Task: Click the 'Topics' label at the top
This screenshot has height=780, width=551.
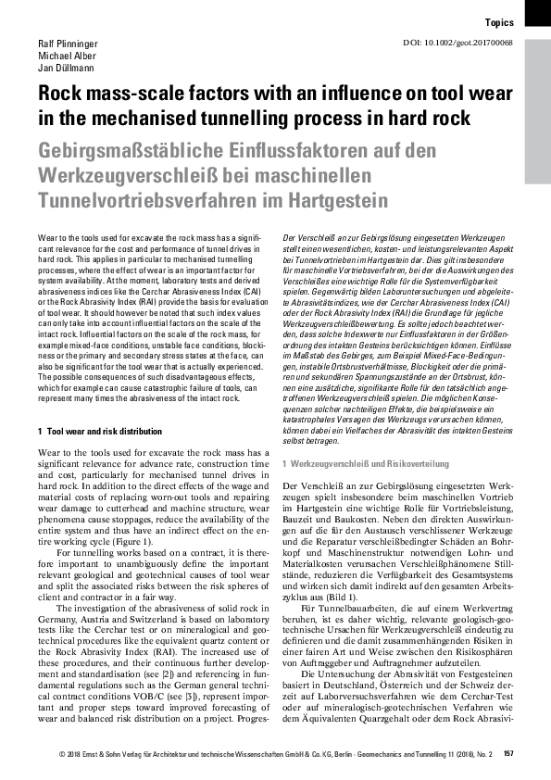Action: (x=500, y=21)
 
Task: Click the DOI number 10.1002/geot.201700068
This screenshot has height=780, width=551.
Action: (x=474, y=44)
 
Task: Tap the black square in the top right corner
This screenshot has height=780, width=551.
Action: (x=537, y=11)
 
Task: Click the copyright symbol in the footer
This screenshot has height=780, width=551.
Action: (x=59, y=754)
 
